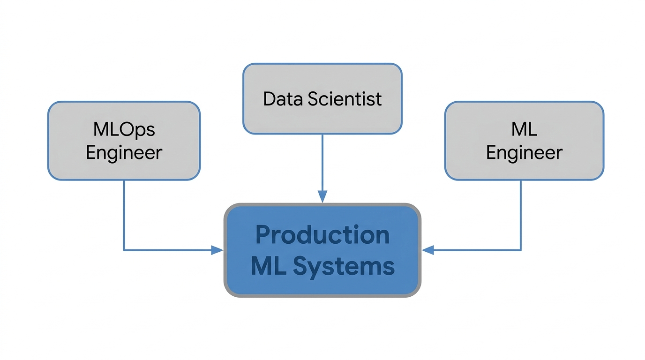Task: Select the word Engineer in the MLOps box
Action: [x=124, y=153]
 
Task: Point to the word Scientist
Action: [x=345, y=99]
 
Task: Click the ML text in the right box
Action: [x=524, y=129]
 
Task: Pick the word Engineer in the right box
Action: [x=525, y=153]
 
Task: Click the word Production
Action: [x=322, y=235]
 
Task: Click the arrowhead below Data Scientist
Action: [x=322, y=196]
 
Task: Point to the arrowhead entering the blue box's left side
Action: [x=217, y=250]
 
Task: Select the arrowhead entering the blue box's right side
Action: [x=428, y=250]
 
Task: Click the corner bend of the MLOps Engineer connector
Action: [x=124, y=250]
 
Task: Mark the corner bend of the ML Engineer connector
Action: [x=521, y=250]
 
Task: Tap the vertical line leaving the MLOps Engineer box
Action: [x=124, y=215]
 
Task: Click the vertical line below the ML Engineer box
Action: [x=521, y=215]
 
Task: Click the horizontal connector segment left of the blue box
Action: [x=168, y=250]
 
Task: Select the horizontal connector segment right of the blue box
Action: [x=477, y=250]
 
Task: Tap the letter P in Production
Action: [x=262, y=235]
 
